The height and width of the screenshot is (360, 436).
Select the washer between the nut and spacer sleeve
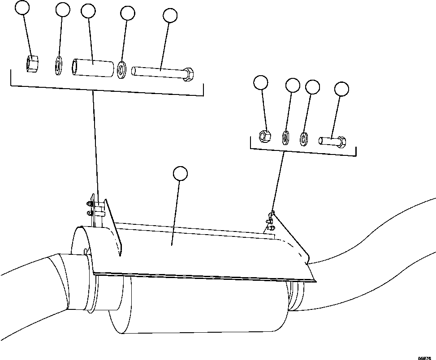point(59,66)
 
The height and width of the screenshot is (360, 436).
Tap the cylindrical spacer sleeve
point(93,67)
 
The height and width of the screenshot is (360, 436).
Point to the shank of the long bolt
point(157,71)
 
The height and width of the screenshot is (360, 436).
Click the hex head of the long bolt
point(188,74)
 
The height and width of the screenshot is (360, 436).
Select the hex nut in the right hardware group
point(265,134)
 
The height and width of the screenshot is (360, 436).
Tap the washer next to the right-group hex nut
point(285,137)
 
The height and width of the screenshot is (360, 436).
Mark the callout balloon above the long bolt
point(171,16)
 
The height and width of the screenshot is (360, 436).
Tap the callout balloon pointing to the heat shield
point(180,173)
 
